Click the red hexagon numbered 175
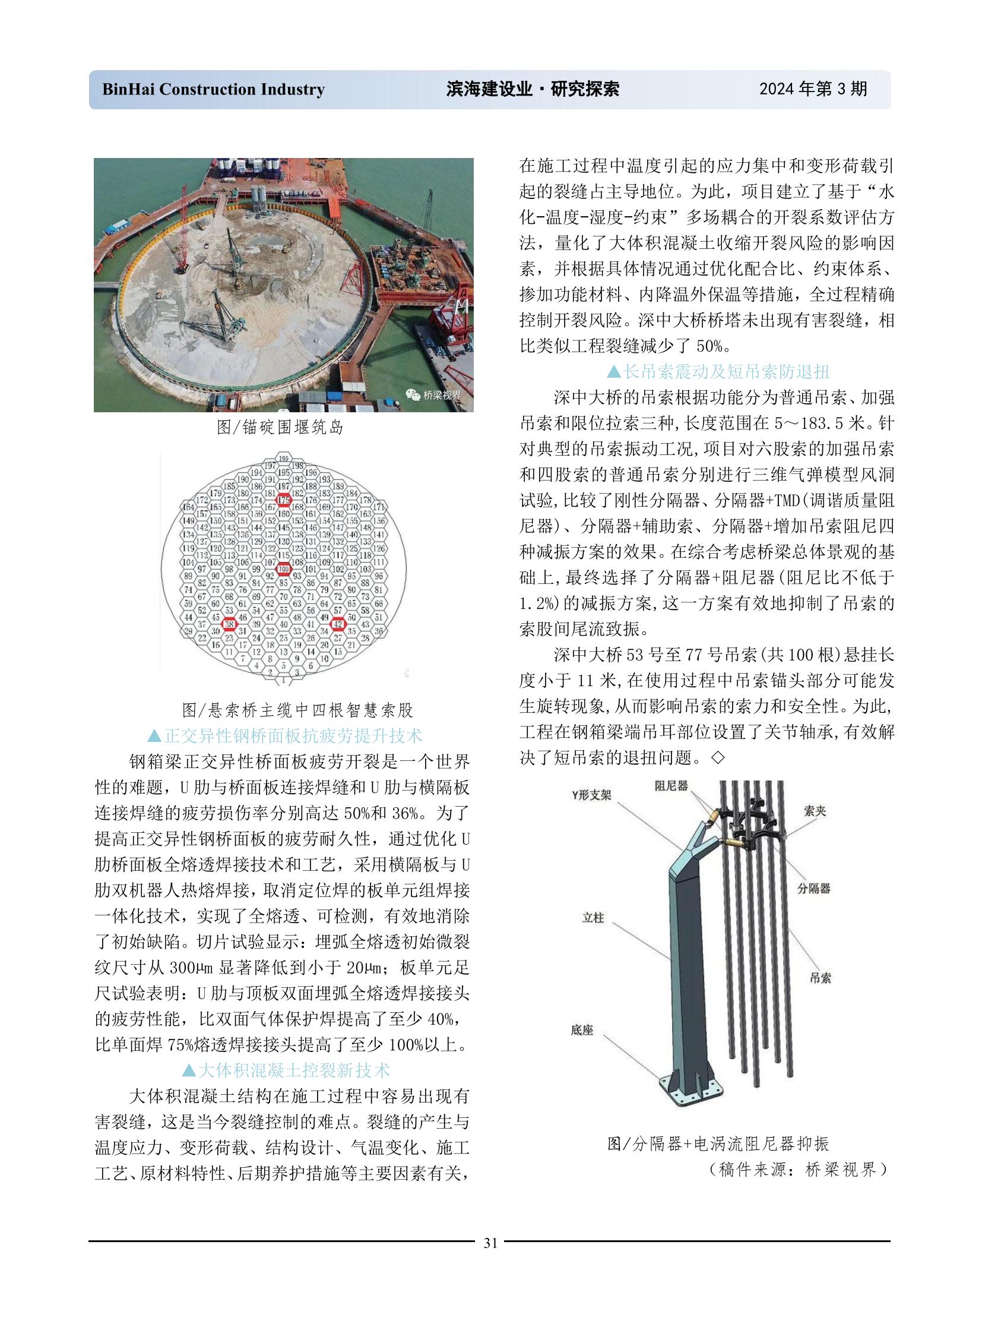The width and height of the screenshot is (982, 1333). click(284, 500)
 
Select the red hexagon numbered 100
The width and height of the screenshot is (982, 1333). click(284, 569)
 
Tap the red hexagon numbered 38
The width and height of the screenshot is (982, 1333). click(229, 623)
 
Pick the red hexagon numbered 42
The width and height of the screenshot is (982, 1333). click(338, 623)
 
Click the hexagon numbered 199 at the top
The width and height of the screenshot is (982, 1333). click(284, 459)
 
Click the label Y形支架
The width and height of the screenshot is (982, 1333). click(591, 795)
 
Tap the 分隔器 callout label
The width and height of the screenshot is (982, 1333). click(814, 889)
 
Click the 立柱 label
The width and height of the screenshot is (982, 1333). click(593, 918)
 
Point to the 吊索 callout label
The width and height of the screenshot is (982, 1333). click(821, 978)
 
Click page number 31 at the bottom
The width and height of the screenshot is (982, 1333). click(490, 1243)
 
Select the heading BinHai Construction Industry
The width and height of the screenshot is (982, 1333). click(213, 89)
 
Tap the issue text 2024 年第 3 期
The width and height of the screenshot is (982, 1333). click(813, 89)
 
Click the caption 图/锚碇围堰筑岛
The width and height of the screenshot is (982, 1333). click(280, 427)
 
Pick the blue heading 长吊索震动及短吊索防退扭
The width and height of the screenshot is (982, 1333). click(718, 372)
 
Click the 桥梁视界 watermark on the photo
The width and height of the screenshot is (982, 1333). click(434, 395)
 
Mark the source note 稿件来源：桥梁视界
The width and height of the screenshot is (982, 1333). click(799, 1170)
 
